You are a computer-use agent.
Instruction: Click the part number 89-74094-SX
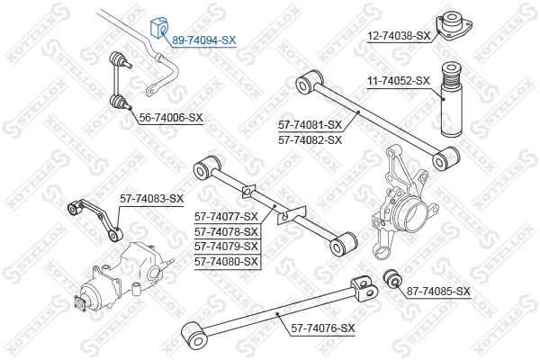coord(203,40)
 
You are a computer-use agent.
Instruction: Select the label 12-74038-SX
coord(400,37)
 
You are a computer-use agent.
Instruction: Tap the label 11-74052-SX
coord(399,81)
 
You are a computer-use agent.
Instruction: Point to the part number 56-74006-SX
coord(171,118)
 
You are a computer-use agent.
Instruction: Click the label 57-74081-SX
coord(310,124)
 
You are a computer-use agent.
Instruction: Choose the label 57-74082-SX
coord(310,139)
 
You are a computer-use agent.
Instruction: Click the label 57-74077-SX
coord(227,216)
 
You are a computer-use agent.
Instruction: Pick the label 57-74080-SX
coord(227,261)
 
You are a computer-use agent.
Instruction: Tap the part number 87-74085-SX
coord(438,291)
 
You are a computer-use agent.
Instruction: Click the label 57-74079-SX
coord(227,246)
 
